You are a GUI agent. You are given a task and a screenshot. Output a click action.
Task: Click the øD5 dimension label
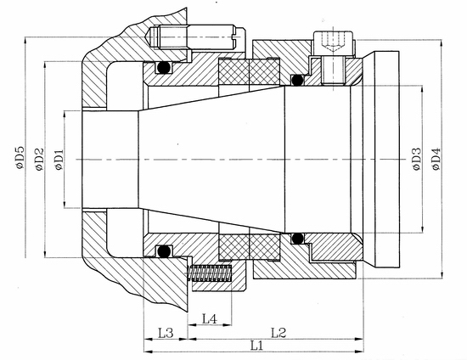20,158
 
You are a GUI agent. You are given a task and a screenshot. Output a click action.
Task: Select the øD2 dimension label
39,160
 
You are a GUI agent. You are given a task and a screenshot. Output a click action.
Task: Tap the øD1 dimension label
59,160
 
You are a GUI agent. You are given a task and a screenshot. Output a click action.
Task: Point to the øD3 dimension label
417,160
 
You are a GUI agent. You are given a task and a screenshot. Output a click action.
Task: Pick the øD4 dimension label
436,159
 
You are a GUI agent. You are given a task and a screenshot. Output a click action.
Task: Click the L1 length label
256,346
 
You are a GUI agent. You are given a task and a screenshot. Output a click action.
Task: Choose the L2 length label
279,333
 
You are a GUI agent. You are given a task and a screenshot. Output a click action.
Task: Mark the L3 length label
166,333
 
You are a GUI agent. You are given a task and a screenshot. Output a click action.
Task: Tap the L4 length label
210,319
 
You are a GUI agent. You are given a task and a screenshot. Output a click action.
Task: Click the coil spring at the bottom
210,273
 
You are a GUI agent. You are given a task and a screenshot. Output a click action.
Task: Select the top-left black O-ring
164,68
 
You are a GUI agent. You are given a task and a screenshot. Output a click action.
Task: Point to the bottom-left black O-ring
164,251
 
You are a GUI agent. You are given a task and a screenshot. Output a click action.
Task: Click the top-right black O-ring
297,80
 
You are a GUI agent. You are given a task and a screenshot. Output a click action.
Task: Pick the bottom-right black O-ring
297,239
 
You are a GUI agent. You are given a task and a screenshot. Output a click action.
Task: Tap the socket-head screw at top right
334,57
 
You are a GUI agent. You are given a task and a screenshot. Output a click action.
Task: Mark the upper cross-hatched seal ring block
249,72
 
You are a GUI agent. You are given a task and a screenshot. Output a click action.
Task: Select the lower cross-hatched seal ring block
249,246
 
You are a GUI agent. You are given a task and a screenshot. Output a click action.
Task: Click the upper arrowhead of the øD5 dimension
25,41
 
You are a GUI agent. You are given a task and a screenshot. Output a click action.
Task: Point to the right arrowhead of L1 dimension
360,352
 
